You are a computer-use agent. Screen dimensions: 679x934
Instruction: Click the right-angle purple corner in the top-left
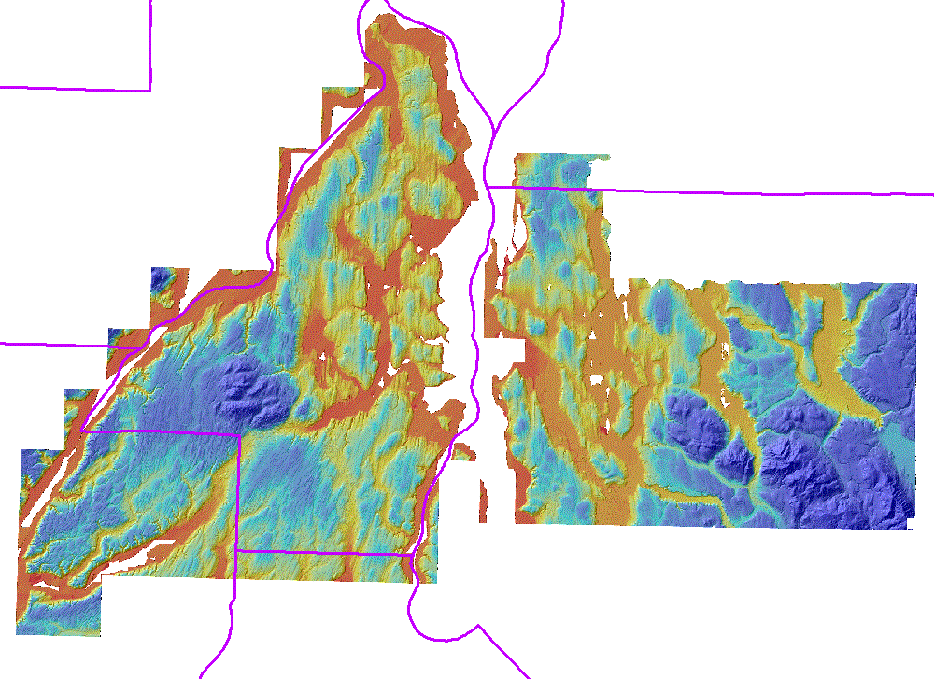click(x=150, y=91)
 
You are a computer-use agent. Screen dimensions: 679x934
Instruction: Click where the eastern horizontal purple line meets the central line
click(x=488, y=188)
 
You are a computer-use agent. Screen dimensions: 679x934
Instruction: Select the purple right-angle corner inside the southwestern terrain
click(x=239, y=434)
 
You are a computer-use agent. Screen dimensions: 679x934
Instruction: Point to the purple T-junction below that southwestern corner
click(x=238, y=551)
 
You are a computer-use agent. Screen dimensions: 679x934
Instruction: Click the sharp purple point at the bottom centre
click(x=479, y=625)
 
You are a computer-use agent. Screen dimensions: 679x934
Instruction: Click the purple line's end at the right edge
click(x=932, y=194)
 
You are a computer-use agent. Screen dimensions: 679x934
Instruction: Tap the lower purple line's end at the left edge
click(x=2, y=344)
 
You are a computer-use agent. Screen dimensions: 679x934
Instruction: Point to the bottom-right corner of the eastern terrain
click(x=909, y=528)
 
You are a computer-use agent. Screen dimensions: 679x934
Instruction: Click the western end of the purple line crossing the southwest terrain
click(x=83, y=431)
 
